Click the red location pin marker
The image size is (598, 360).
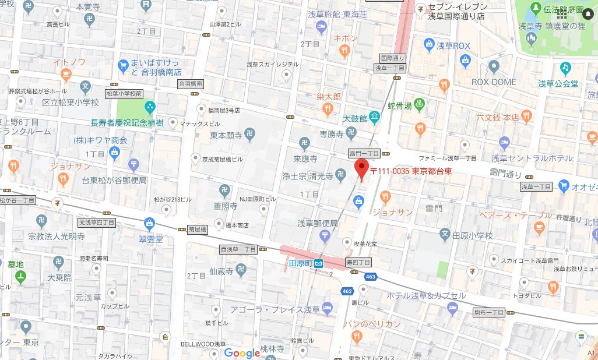click(361, 168)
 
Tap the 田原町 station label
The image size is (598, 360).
click(301, 263)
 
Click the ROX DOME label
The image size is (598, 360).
click(493, 82)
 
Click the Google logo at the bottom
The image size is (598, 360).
click(241, 353)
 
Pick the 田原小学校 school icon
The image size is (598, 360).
click(445, 235)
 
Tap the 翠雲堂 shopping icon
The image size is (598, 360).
click(150, 222)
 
